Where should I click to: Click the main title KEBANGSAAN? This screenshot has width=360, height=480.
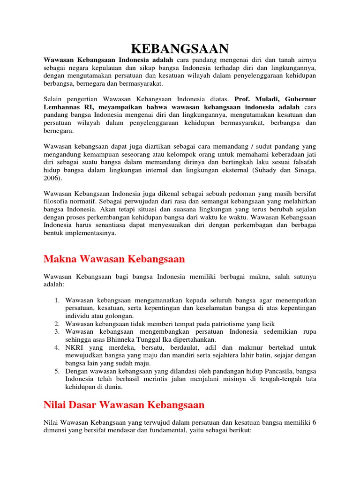point(180,48)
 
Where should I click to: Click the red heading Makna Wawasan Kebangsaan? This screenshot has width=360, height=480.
point(114,259)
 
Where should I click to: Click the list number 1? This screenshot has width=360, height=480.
point(56,300)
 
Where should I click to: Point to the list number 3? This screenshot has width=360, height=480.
point(56,332)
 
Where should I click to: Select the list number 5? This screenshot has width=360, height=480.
point(56,372)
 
